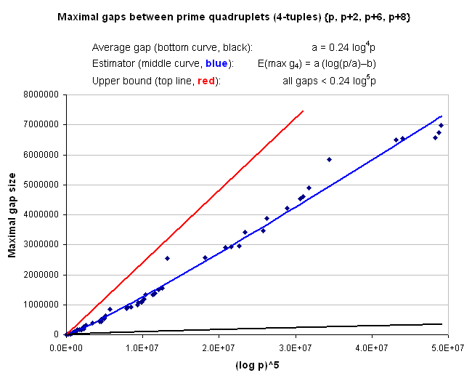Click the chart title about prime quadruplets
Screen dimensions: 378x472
tap(235, 15)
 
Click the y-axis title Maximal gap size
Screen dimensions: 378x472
tap(12, 212)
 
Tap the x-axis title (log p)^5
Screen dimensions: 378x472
tap(256, 363)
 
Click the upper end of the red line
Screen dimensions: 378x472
tap(303, 111)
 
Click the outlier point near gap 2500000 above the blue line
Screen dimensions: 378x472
tap(167, 258)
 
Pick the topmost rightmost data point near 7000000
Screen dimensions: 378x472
tap(441, 125)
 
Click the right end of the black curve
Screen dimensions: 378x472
tap(442, 324)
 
